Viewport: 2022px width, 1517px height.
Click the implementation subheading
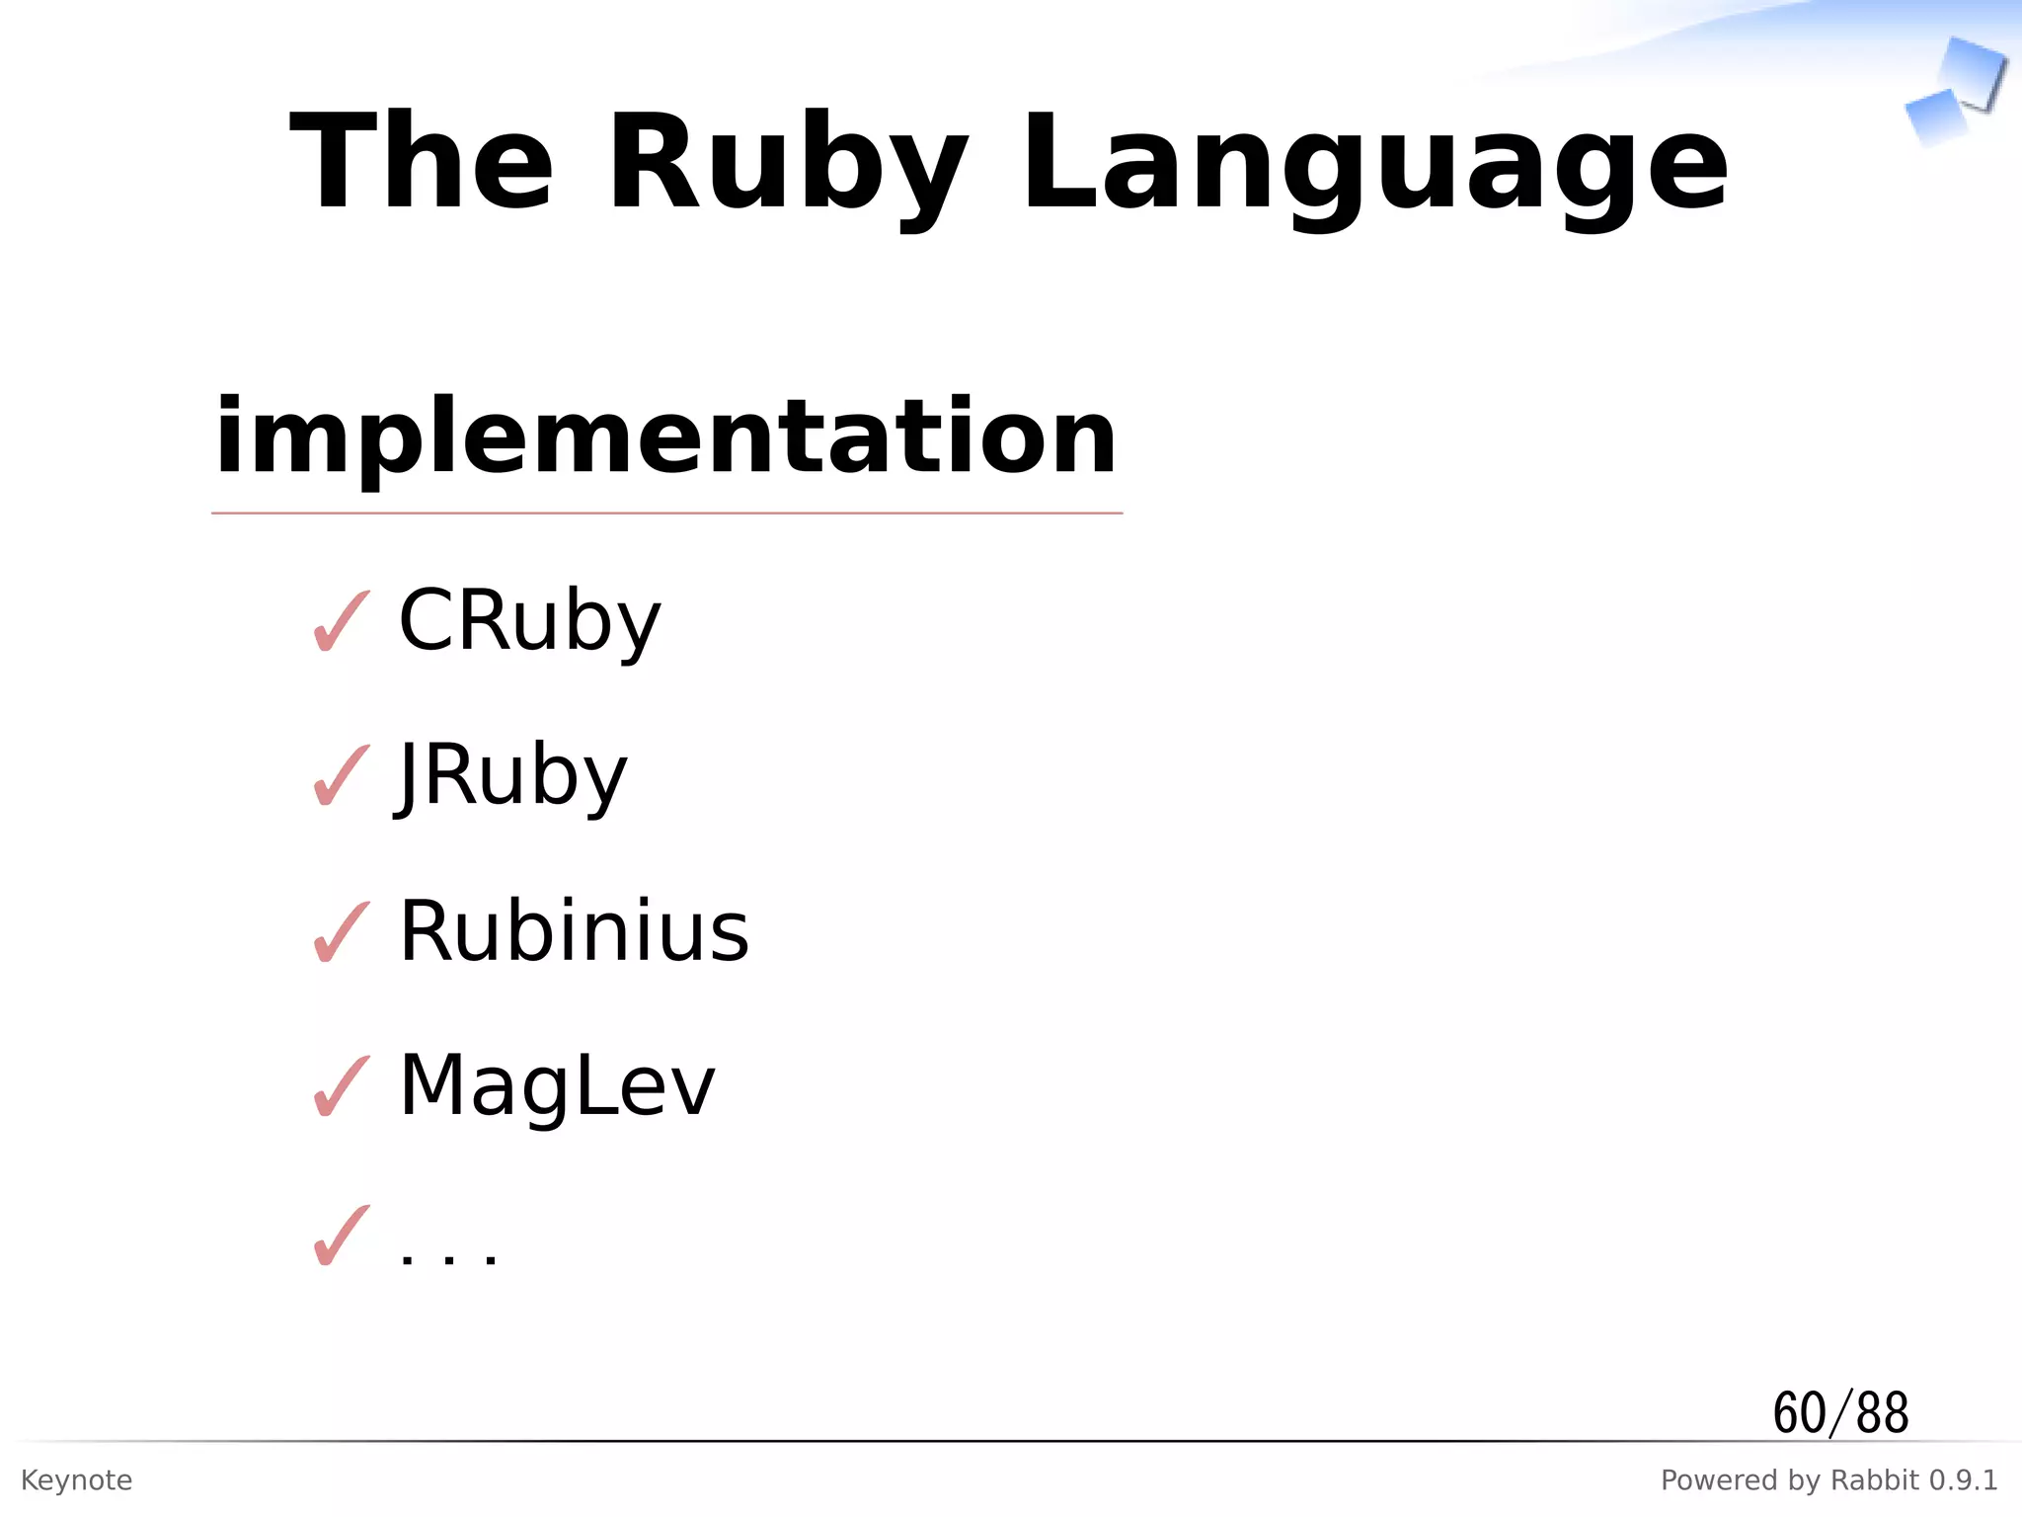pyautogui.click(x=665, y=437)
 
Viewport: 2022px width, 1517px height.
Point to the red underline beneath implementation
pyautogui.click(x=665, y=514)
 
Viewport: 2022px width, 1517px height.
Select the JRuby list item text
pyautogui.click(x=511, y=775)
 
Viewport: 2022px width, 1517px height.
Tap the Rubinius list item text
pyautogui.click(x=574, y=931)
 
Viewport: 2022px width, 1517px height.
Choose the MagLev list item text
pyautogui.click(x=556, y=1085)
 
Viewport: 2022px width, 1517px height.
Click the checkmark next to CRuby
pyautogui.click(x=341, y=622)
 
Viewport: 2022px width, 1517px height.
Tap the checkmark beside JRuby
pyautogui.click(x=341, y=776)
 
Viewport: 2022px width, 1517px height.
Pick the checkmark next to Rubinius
pyautogui.click(x=341, y=932)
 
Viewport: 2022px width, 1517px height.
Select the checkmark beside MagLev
pyautogui.click(x=341, y=1086)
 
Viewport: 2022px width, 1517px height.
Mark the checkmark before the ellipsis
pyautogui.click(x=341, y=1237)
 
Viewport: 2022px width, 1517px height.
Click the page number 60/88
pyautogui.click(x=1840, y=1412)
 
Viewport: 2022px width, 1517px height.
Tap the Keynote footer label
pyautogui.click(x=76, y=1480)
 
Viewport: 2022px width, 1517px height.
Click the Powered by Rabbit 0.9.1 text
pyautogui.click(x=1828, y=1480)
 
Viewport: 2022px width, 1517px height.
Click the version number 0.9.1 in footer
pyautogui.click(x=1963, y=1480)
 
